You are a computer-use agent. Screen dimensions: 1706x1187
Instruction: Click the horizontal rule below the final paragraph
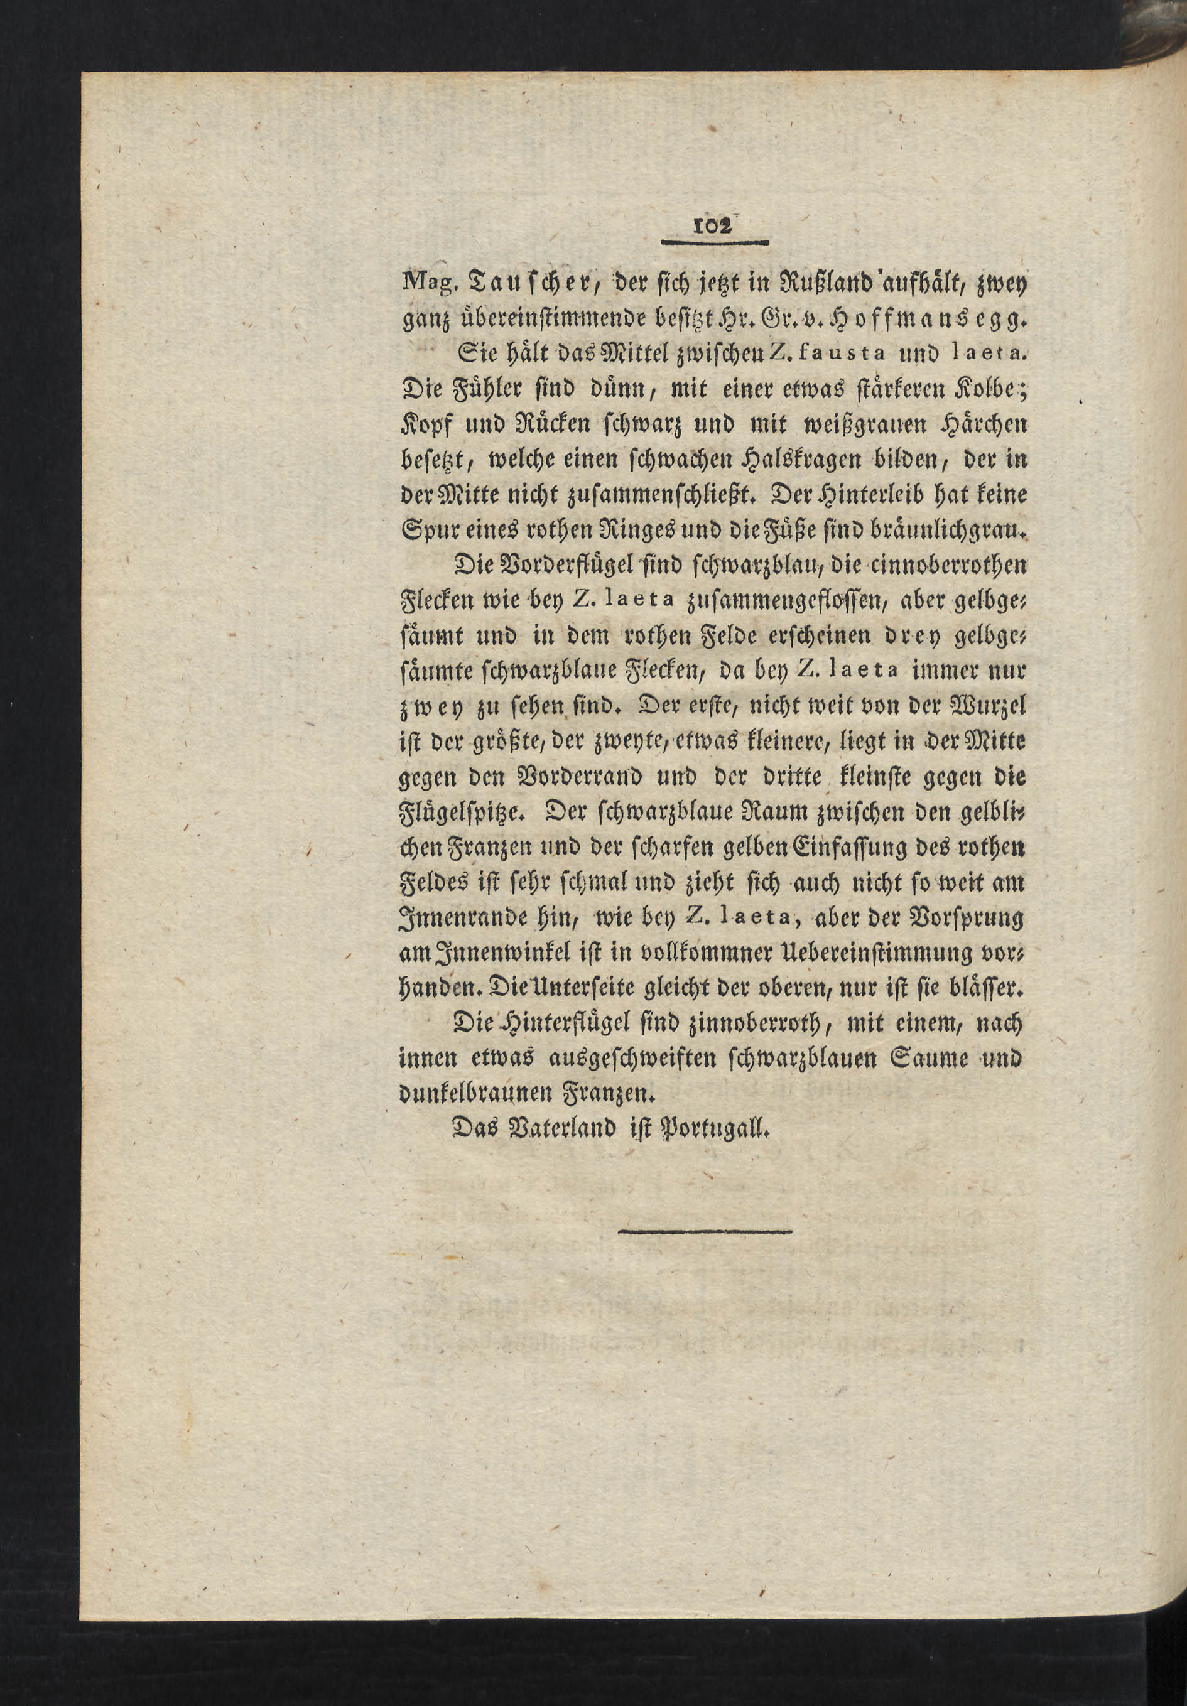705,1232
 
